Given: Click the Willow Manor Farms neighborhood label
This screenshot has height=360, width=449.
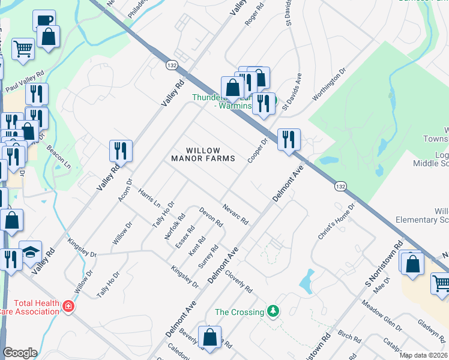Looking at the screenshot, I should (195, 155).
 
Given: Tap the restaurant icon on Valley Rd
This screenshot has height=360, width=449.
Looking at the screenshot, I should (121, 151).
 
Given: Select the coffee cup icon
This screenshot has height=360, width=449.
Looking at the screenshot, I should (44, 20).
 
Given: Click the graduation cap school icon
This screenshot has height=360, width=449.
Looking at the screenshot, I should (30, 252).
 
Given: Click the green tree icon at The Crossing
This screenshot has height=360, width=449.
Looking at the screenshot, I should (274, 311).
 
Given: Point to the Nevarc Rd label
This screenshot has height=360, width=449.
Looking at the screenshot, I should (236, 213).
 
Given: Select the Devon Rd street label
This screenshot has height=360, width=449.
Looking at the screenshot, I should (211, 217).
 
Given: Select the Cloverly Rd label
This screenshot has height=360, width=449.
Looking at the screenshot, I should (238, 281).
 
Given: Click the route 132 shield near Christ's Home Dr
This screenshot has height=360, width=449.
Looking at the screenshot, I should (340, 187).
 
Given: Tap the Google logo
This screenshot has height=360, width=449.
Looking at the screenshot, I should (20, 353).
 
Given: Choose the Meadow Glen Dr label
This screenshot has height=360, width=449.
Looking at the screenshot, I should (381, 316).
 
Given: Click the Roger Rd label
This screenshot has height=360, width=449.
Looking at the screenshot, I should (255, 14).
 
